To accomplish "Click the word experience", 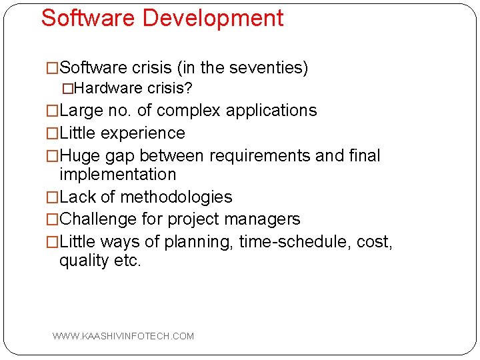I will coord(143,133).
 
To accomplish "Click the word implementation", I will coord(118,175).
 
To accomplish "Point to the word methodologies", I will coord(175,197).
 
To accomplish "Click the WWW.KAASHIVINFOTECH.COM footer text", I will coord(123,336).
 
